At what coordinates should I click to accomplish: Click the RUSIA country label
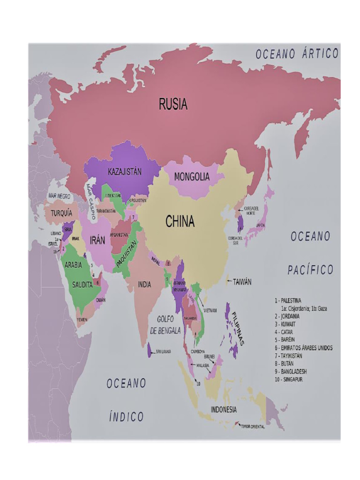click(173, 104)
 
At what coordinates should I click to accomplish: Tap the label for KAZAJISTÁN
click(124, 172)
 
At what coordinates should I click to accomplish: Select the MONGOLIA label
click(192, 177)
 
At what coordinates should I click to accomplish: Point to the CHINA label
click(180, 222)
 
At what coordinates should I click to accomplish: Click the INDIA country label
click(144, 285)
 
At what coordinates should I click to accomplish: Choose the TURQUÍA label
click(61, 213)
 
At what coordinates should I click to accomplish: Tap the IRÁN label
click(97, 240)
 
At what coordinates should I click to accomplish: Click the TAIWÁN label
click(242, 282)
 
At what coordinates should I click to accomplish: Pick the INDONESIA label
click(224, 409)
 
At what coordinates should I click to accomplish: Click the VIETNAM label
click(210, 310)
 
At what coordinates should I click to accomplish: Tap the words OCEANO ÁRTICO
click(297, 54)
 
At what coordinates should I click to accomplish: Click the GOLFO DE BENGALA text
click(165, 324)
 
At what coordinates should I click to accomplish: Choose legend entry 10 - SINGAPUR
click(289, 379)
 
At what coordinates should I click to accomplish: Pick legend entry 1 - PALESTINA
click(288, 300)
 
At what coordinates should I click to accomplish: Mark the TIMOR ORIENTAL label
click(253, 427)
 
